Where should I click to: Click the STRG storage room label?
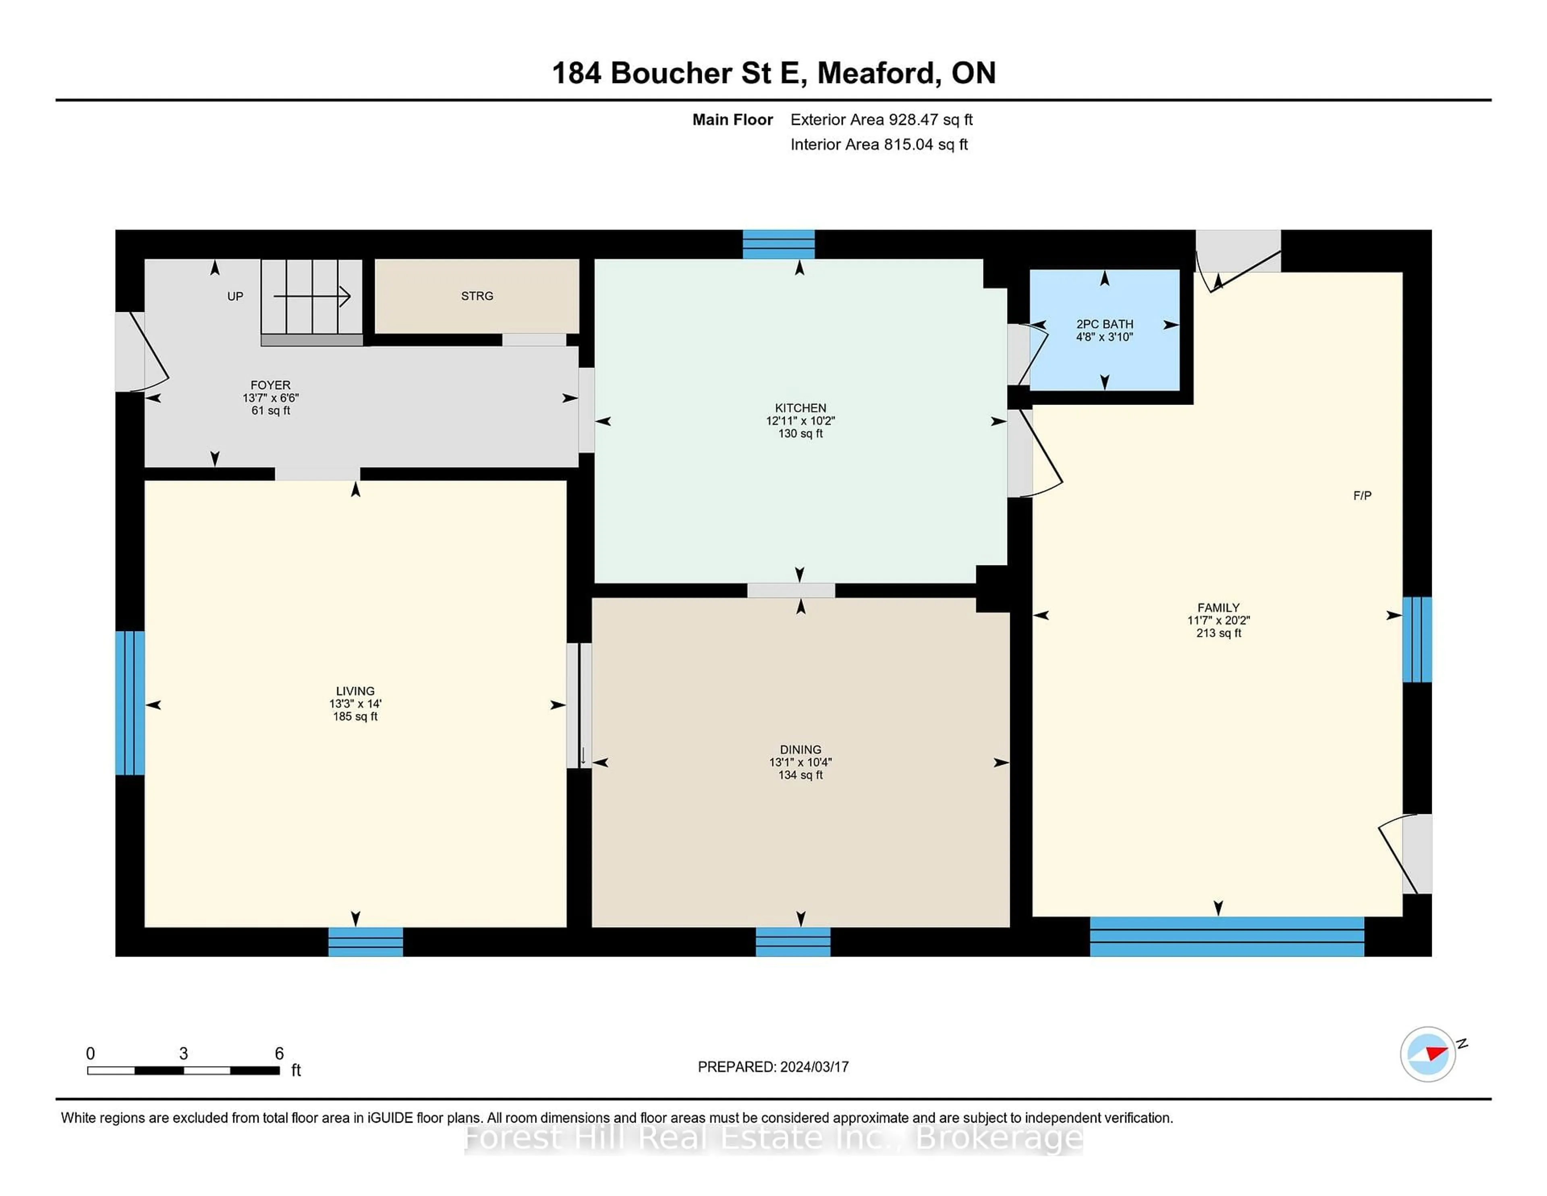coord(477,296)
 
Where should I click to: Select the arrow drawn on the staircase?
coord(312,296)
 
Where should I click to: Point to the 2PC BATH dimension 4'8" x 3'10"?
coord(1104,337)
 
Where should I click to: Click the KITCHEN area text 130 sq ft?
coord(800,434)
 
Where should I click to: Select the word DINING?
coord(800,750)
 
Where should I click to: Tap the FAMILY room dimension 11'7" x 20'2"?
coord(1218,621)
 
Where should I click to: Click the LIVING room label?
coord(355,691)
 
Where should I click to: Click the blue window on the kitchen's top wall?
coord(778,245)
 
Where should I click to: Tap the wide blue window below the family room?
coord(1226,936)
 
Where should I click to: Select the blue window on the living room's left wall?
coord(130,703)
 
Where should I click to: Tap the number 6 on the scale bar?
coord(279,1054)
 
